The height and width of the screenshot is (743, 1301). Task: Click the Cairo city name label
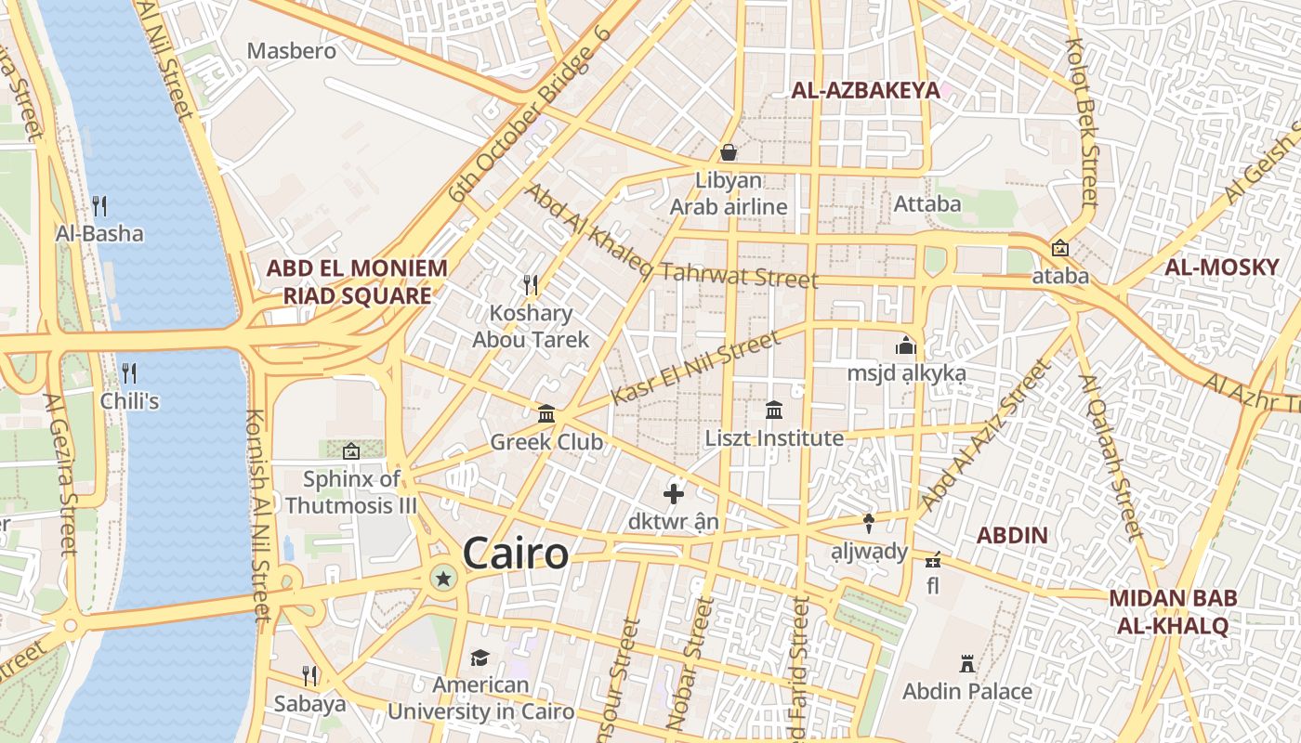515,554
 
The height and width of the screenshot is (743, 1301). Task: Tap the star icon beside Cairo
443,580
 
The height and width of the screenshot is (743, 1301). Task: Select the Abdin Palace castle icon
967,664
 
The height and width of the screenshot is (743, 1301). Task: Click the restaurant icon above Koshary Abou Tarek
531,283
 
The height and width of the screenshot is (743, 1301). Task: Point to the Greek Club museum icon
546,414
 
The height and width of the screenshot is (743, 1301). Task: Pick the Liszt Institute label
774,437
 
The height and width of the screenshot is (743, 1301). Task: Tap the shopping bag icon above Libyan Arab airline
729,152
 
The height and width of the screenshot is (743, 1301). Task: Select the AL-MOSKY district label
1222,268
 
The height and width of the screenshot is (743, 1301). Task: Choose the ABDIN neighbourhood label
1012,536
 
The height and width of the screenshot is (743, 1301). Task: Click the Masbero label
292,50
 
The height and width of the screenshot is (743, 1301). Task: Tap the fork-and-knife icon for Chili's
129,373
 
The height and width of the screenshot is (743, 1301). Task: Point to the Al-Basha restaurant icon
99,205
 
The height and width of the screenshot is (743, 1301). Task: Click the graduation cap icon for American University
480,658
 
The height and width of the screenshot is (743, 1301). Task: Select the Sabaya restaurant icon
309,675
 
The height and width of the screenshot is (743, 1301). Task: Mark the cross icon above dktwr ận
674,494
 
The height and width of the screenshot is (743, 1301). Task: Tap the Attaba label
926,202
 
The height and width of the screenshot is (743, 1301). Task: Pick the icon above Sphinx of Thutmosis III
351,451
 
